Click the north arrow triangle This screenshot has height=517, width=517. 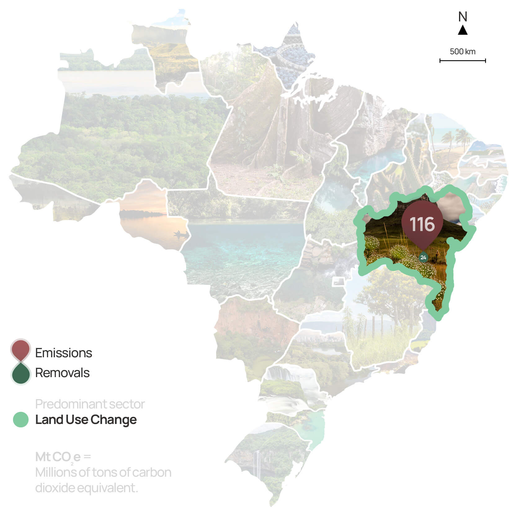462,30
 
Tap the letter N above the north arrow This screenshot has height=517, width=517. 462,17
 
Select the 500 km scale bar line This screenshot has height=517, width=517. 462,61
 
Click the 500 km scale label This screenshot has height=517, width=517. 462,51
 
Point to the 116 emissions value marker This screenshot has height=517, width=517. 422,224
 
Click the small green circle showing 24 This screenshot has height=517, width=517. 423,257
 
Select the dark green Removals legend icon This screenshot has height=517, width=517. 20,373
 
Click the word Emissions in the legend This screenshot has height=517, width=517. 64,353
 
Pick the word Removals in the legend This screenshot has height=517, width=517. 62,373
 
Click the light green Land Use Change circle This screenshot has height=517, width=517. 21,420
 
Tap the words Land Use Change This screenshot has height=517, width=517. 86,420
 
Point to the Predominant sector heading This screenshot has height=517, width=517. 90,404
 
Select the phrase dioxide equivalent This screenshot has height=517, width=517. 86,488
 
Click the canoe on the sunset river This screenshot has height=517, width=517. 181,233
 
